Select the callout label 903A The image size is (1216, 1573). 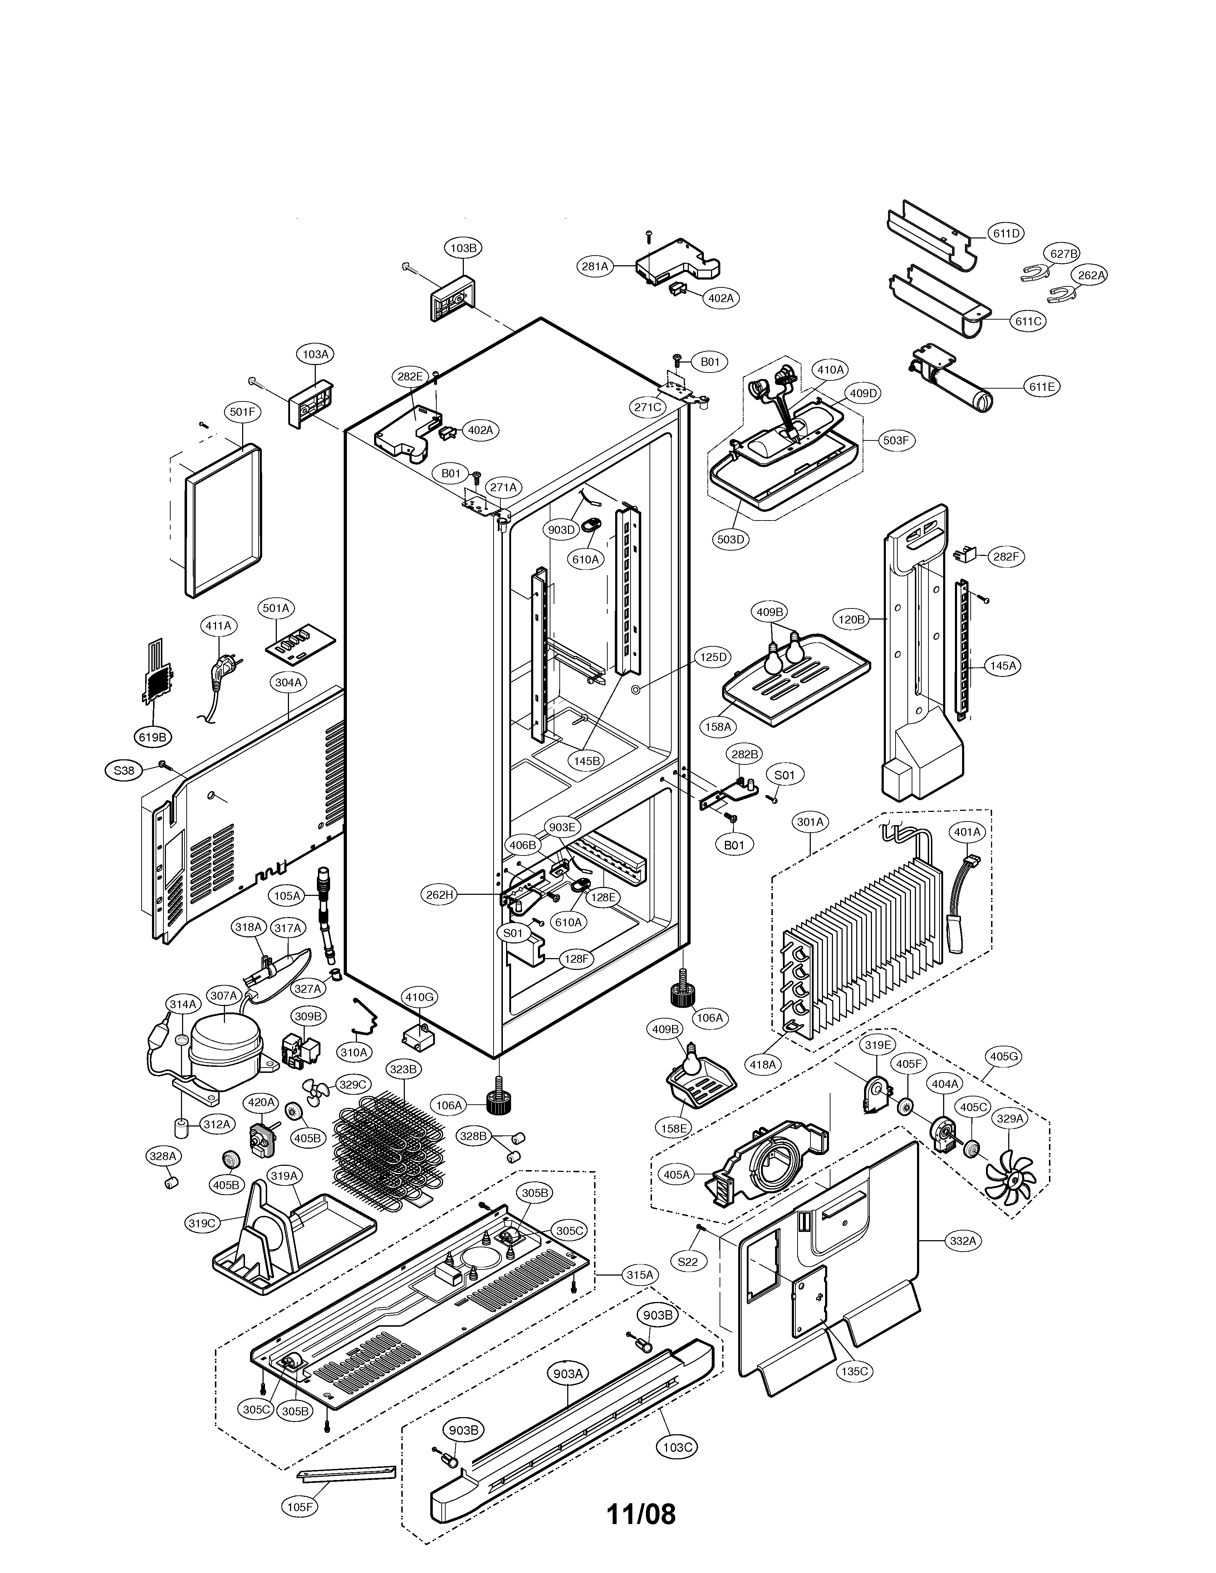(568, 1374)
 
